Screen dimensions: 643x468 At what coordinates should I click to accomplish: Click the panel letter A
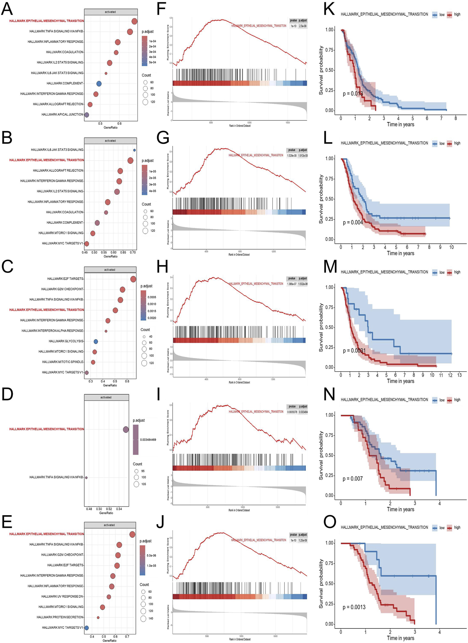(x=7, y=9)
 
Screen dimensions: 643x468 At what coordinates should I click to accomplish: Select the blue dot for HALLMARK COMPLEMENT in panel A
(x=99, y=84)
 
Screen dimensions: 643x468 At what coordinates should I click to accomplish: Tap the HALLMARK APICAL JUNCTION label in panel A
(x=62, y=115)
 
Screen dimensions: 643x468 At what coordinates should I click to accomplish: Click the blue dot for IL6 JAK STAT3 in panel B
(x=134, y=150)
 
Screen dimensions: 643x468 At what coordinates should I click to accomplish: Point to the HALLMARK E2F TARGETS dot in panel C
(x=133, y=279)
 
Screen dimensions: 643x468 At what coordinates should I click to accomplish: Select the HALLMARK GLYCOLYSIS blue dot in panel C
(x=96, y=342)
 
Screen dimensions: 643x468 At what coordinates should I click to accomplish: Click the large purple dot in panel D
(x=126, y=430)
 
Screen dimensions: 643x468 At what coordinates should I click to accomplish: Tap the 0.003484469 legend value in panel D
(x=148, y=440)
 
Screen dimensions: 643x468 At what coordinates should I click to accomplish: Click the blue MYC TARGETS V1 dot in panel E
(x=87, y=628)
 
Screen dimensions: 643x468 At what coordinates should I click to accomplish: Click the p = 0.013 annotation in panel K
(x=353, y=93)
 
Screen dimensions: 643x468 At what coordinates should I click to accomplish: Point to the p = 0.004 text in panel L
(x=353, y=222)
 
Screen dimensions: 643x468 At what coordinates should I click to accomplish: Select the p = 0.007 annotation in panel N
(x=353, y=479)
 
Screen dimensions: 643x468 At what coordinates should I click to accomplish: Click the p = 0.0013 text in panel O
(x=354, y=607)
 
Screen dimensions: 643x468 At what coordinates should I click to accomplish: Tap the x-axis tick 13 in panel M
(x=459, y=375)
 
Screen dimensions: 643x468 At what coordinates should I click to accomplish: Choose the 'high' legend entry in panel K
(x=457, y=15)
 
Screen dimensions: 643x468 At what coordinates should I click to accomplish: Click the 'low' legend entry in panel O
(x=442, y=528)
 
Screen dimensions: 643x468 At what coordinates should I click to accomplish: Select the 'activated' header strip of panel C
(x=110, y=270)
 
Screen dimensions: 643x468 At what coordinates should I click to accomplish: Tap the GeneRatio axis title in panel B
(x=111, y=257)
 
